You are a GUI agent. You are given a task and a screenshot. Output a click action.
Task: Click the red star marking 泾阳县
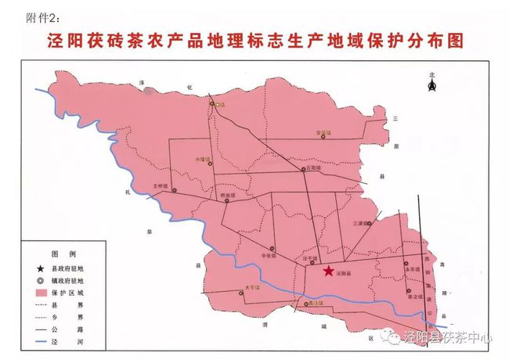[x=327, y=271]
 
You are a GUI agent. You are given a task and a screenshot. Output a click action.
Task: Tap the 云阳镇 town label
[x=311, y=167]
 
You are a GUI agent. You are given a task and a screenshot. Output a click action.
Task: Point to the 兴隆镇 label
[x=204, y=160]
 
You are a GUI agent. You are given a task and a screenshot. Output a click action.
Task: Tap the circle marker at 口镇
[x=211, y=103]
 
